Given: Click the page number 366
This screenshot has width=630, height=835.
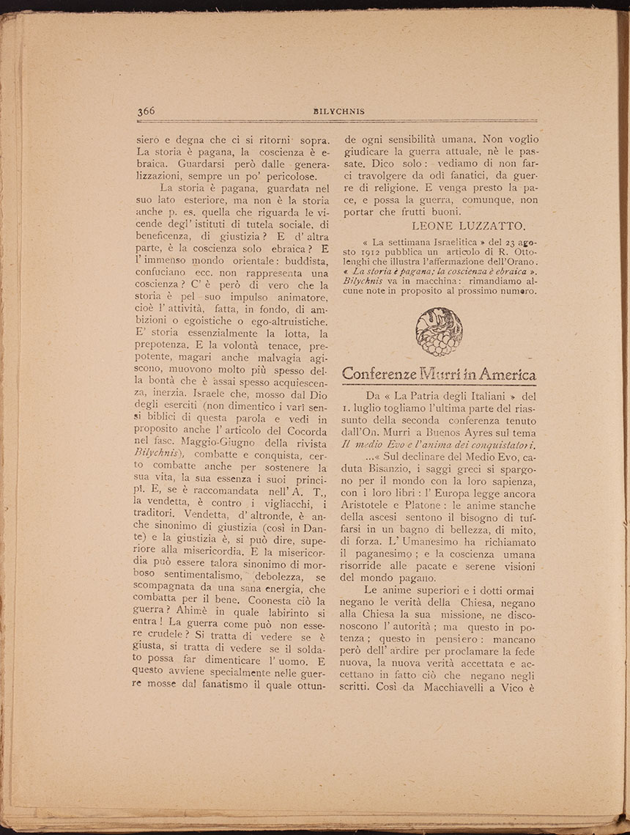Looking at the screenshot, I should [146, 111].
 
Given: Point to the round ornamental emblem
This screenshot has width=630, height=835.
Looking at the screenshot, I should [439, 331].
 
